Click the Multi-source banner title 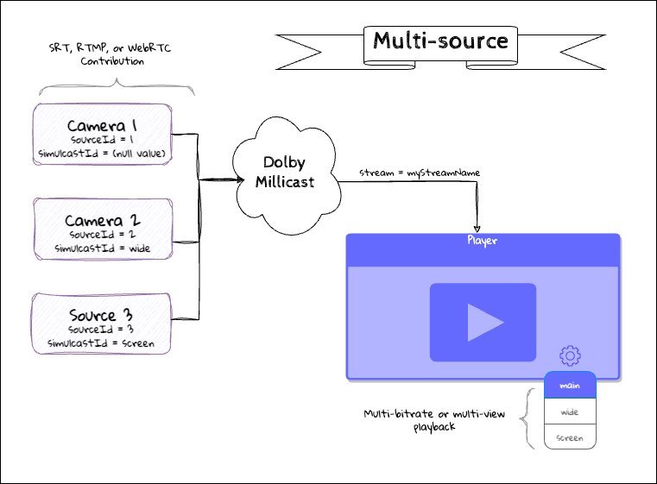coord(440,41)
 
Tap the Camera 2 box coord(102,229)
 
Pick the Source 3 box coord(102,324)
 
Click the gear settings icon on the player coord(569,355)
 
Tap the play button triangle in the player coord(484,323)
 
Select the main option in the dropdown coord(570,386)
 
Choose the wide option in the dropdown coord(570,412)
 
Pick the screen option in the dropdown coord(570,438)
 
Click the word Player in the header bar coord(483,241)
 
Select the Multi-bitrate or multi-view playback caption coord(433,420)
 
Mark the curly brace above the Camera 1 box coord(117,86)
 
